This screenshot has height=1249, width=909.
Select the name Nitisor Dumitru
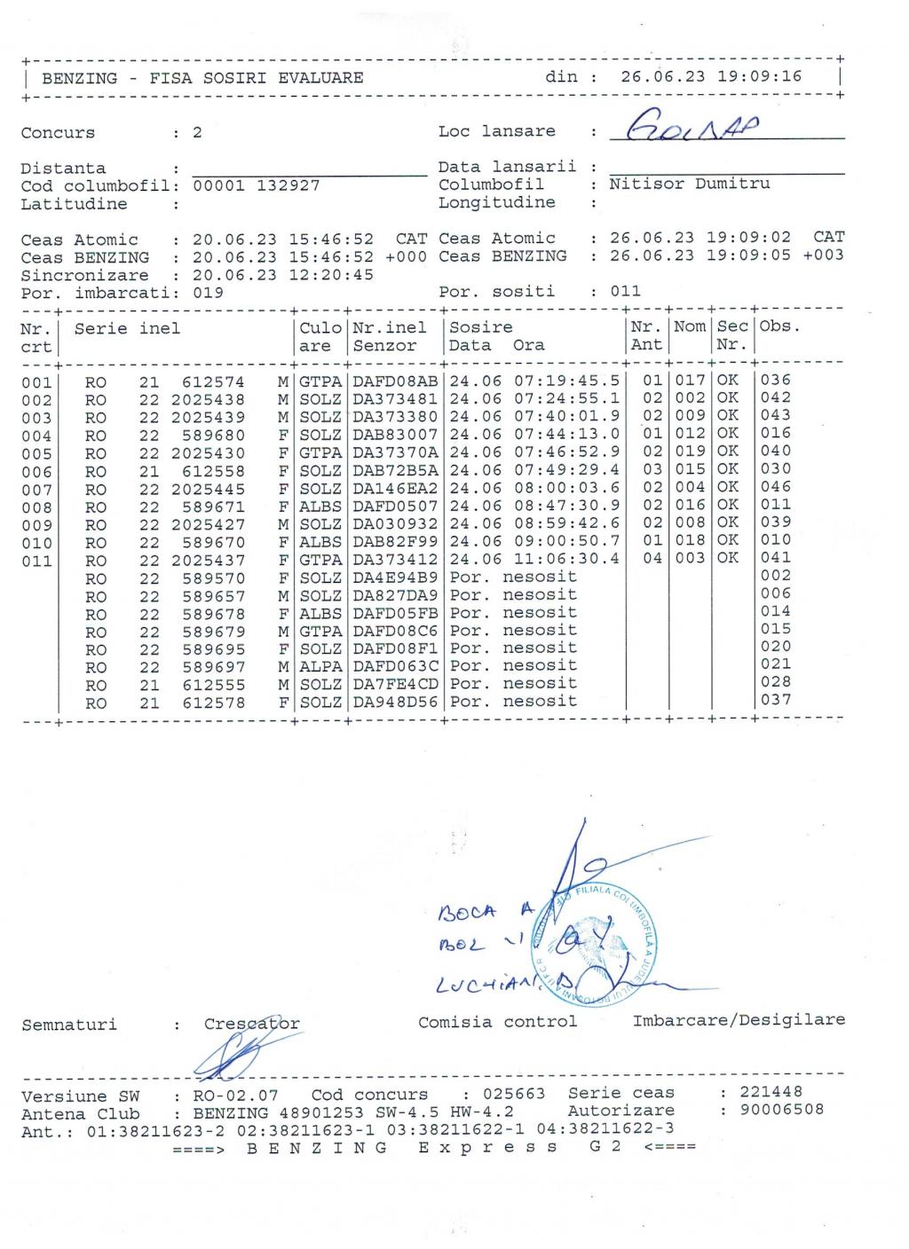[x=690, y=184]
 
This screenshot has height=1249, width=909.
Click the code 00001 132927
[x=256, y=185]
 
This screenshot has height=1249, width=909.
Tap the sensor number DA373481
[x=395, y=398]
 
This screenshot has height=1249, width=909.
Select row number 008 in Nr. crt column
[x=36, y=507]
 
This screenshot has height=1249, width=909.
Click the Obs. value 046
[x=776, y=487]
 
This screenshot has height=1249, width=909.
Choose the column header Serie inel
[x=127, y=328]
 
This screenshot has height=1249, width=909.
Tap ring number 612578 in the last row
[x=213, y=703]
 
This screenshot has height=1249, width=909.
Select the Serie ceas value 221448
[x=771, y=1092]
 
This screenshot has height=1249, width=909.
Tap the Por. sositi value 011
[x=625, y=291]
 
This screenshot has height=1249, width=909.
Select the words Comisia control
[x=497, y=1022]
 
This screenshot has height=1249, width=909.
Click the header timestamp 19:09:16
[x=759, y=76]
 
